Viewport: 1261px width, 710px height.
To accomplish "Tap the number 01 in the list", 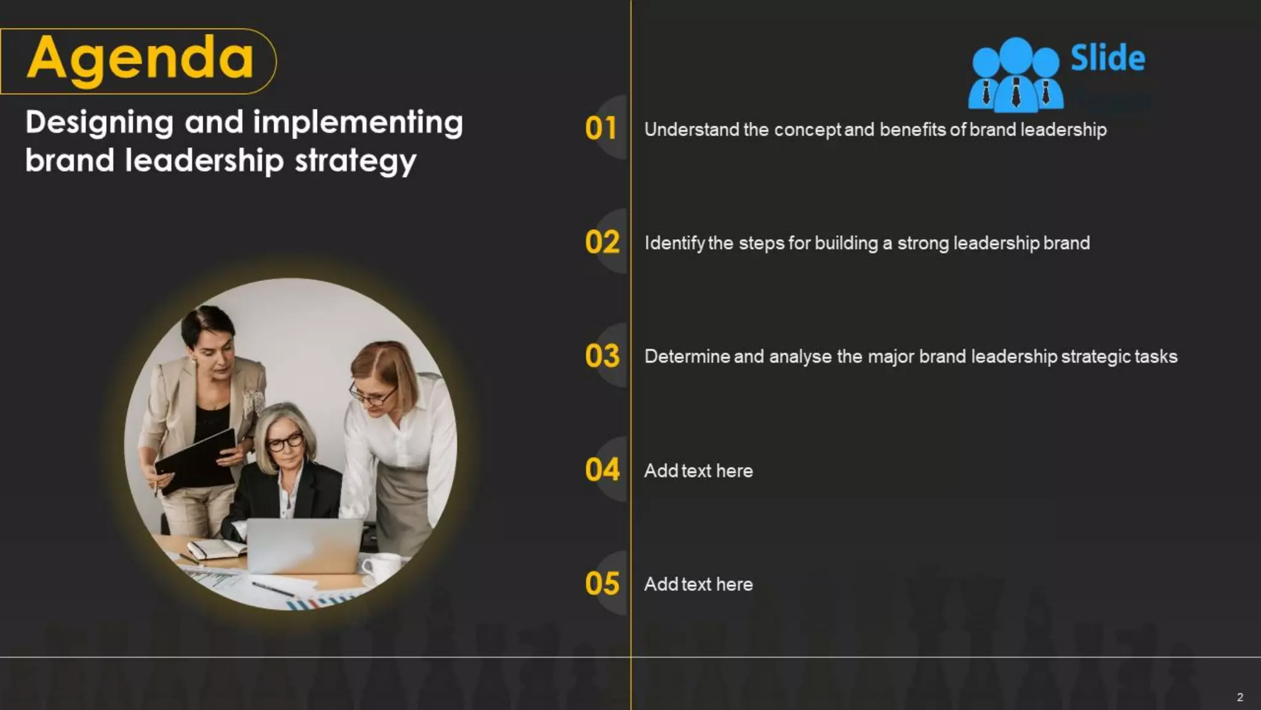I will [601, 129].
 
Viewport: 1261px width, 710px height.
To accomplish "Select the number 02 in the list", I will [602, 242].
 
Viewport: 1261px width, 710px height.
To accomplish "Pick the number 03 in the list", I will [602, 356].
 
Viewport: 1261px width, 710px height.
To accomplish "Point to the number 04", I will [602, 470].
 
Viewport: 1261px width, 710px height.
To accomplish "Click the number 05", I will [602, 584].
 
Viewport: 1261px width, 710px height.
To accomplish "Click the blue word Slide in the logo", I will [1108, 59].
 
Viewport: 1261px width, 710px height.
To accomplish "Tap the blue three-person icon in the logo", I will [1015, 75].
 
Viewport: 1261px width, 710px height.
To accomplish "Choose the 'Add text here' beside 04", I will [698, 471].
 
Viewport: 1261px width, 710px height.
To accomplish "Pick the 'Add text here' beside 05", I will [698, 584].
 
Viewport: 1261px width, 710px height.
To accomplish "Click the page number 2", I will [1240, 697].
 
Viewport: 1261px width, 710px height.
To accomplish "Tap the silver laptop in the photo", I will [304, 545].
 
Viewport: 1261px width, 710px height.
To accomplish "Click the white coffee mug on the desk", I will [382, 568].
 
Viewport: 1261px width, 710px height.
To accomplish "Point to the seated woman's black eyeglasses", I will [284, 442].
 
